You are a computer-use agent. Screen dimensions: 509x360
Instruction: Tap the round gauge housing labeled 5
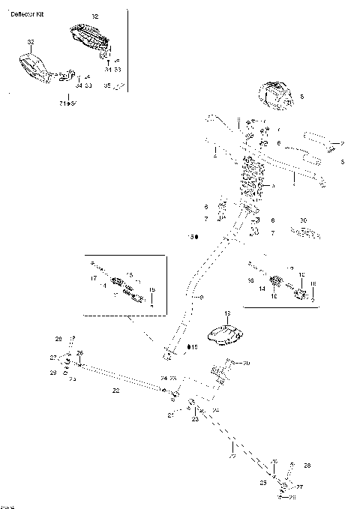tap(275, 94)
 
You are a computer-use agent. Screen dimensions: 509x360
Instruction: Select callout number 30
tap(303, 220)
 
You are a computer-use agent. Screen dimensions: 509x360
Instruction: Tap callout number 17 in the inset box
tap(94, 278)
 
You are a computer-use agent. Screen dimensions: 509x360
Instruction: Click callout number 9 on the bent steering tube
tap(200, 298)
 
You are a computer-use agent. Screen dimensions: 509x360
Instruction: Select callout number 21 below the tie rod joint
tap(170, 415)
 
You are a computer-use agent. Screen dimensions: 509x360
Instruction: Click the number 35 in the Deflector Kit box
tap(106, 86)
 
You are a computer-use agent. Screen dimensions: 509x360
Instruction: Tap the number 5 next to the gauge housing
tap(301, 97)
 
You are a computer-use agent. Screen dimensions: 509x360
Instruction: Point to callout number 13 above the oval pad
tap(228, 312)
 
